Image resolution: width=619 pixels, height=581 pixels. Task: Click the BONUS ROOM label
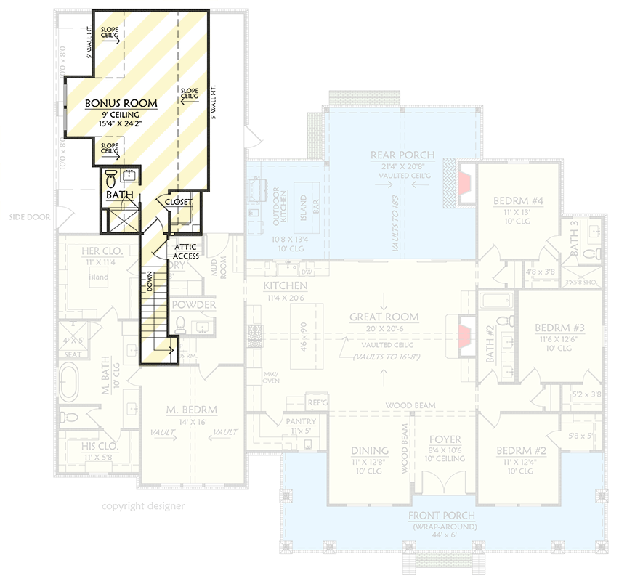[x=117, y=104]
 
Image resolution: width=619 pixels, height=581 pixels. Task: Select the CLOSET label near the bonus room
[x=178, y=202]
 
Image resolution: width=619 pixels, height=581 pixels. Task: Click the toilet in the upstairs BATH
[x=111, y=178]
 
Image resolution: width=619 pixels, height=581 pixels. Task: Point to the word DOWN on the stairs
[x=149, y=282]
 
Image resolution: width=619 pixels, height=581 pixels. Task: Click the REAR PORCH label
[x=402, y=155]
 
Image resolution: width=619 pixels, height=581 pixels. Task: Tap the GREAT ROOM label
[x=384, y=317]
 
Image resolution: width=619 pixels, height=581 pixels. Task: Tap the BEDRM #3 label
[x=559, y=328]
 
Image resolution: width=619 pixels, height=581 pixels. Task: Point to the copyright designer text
[x=143, y=506]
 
